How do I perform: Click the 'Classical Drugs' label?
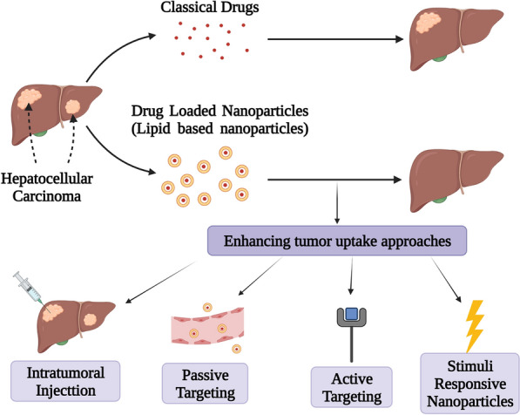tap(210, 7)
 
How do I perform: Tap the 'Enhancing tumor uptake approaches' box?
tap(337, 241)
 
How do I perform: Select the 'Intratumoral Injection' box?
tap(65, 382)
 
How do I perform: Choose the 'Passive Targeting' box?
tap(205, 384)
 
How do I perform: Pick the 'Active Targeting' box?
tap(352, 387)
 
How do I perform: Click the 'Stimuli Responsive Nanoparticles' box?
tap(469, 384)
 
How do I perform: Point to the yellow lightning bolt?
tap(474, 326)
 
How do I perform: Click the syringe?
tap(29, 289)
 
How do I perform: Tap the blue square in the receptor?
tap(352, 313)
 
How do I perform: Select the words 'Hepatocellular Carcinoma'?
tap(47, 187)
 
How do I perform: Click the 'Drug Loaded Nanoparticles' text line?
tap(219, 111)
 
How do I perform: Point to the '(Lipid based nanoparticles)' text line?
tap(219, 129)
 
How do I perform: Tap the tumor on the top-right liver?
tap(429, 23)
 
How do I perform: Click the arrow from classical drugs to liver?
tap(335, 39)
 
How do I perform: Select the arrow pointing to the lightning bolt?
tap(446, 280)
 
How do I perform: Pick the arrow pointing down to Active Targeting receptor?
tap(351, 276)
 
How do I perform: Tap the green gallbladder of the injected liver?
tap(62, 341)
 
